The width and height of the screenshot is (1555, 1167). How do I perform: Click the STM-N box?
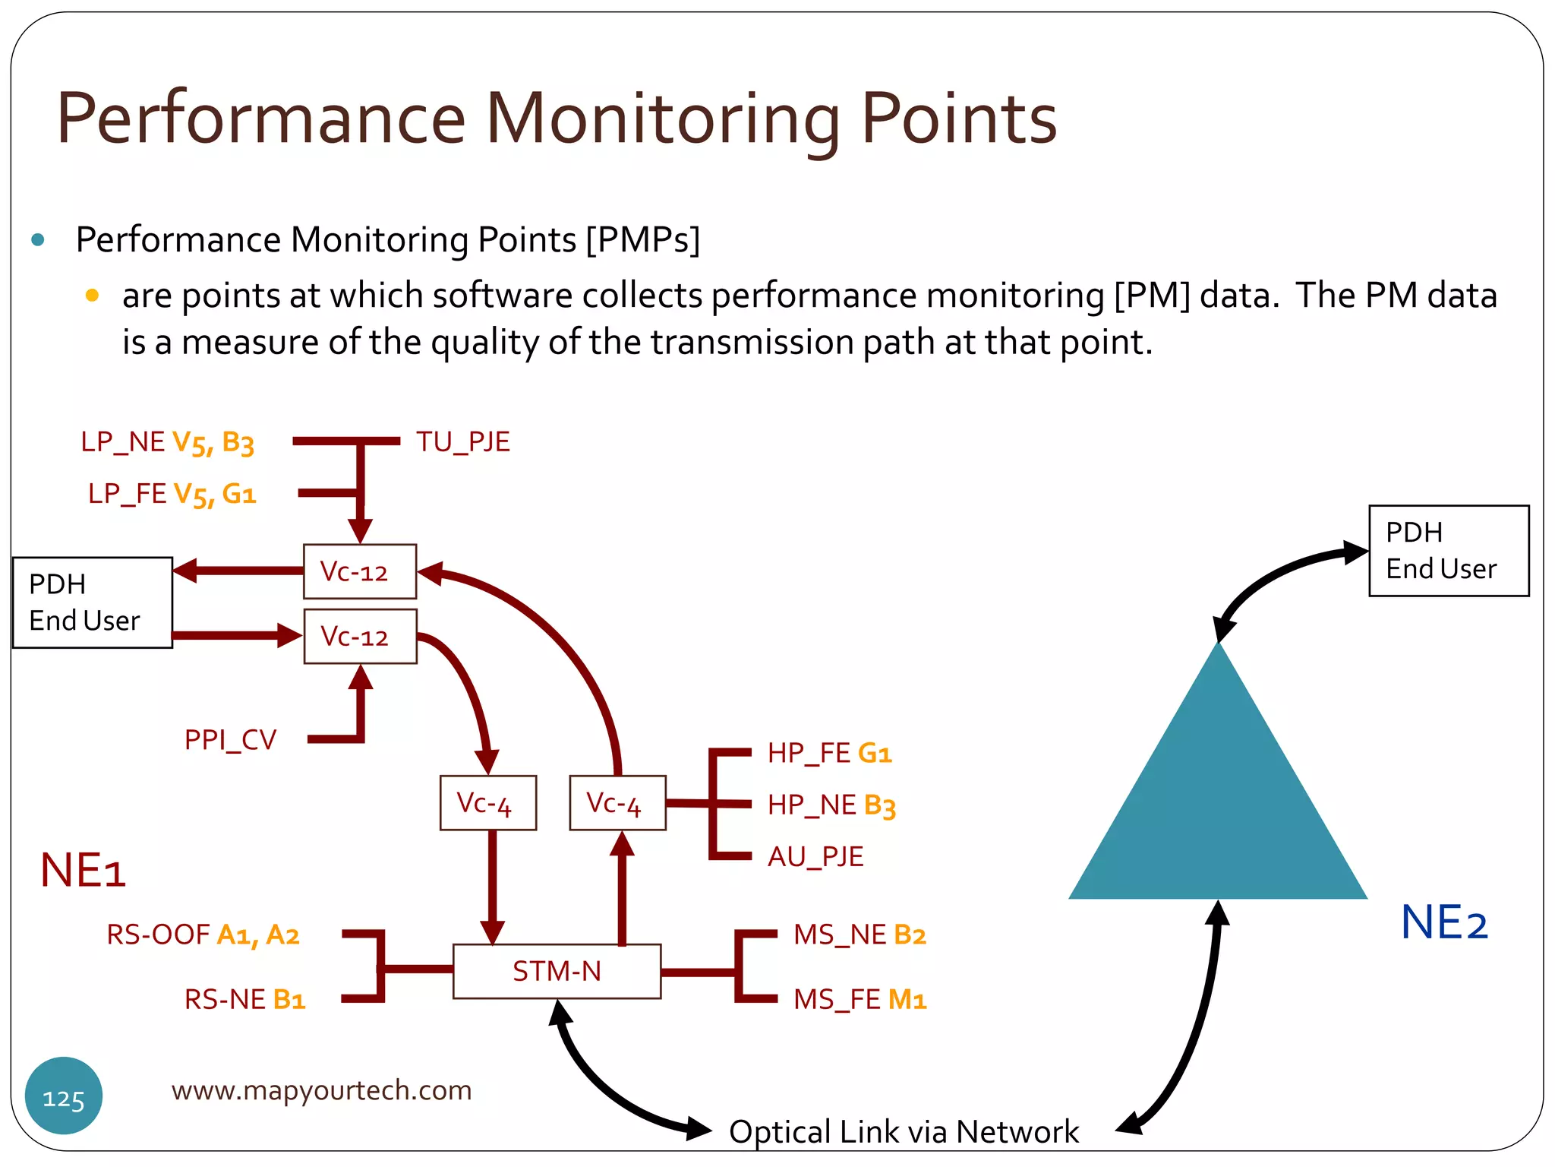[557, 971]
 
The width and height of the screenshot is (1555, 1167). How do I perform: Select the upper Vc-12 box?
[360, 571]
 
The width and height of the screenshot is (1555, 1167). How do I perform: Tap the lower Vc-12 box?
[360, 636]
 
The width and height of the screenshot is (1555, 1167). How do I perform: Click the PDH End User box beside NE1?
[93, 602]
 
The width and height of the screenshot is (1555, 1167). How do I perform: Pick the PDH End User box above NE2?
[1448, 551]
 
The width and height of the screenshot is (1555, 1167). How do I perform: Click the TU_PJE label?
[462, 441]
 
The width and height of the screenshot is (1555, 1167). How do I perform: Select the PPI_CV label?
[230, 739]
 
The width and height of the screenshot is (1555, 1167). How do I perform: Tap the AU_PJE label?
[815, 856]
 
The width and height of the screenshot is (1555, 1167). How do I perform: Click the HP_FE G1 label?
[829, 753]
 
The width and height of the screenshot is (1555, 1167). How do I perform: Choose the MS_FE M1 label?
[860, 999]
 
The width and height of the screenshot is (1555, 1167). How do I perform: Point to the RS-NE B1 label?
[244, 999]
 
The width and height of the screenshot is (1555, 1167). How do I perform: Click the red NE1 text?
[83, 870]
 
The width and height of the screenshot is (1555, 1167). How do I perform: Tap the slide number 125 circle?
[64, 1096]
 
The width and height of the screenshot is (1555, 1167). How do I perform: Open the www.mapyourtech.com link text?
[321, 1090]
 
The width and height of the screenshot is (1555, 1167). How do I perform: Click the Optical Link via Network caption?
[904, 1131]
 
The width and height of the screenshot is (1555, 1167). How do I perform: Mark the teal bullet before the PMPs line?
[38, 241]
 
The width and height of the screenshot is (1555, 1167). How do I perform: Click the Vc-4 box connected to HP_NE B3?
[617, 802]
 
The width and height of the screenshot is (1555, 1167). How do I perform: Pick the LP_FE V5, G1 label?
[172, 494]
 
